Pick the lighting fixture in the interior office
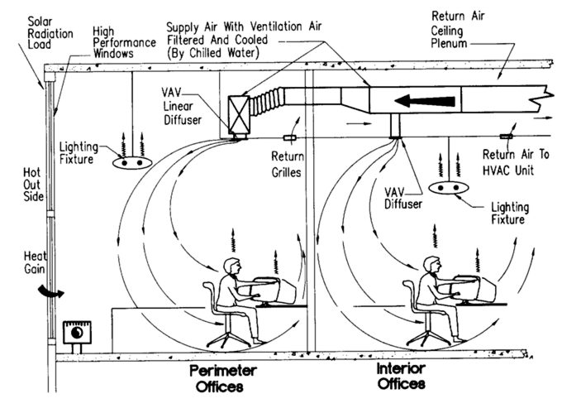pos(448,190)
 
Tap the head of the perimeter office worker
pos(231,267)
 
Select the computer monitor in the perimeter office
pos(277,286)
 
